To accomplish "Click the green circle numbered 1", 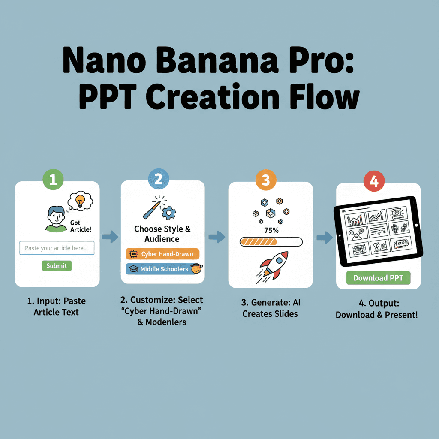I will click(x=53, y=180).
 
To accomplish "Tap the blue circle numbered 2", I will click(x=159, y=179).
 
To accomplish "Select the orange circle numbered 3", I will click(x=266, y=180).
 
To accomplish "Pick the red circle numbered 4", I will click(x=373, y=181).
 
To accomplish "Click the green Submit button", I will click(x=57, y=266).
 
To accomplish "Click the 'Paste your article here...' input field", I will click(x=57, y=248).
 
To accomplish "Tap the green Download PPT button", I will click(x=378, y=278).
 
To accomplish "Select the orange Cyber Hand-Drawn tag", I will click(x=162, y=254).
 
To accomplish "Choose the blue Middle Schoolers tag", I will click(x=164, y=269).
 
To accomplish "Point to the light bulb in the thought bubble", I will click(x=80, y=200).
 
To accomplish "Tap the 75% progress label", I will click(x=271, y=230).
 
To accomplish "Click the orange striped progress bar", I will click(x=271, y=242).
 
